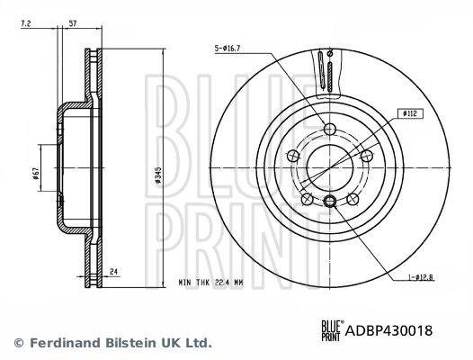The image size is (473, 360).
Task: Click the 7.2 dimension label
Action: (26, 23)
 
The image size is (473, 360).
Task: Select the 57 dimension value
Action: (73, 23)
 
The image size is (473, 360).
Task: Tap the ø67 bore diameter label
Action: (36, 174)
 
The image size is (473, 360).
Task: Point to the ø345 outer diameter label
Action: (157, 175)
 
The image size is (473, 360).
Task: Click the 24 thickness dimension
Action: (113, 272)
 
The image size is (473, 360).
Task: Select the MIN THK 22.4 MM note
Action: (210, 283)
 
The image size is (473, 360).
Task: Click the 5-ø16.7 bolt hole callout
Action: (228, 49)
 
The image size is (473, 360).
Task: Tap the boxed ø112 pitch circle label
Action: (409, 113)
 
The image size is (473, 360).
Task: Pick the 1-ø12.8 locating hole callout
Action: (421, 276)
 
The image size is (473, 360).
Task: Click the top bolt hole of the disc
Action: (330, 129)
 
